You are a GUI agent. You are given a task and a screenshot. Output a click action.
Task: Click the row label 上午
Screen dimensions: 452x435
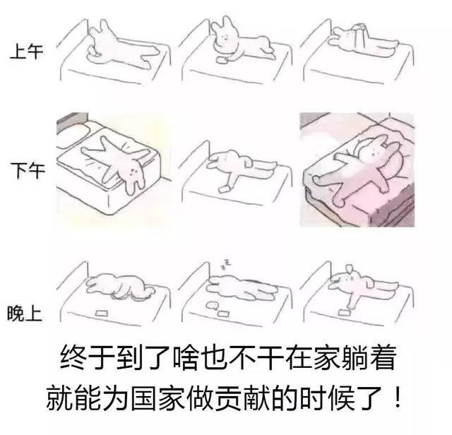(27, 52)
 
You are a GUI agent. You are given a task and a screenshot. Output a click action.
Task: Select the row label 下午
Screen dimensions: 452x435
(28, 170)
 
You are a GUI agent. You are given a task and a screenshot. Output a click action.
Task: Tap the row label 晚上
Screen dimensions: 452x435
(25, 313)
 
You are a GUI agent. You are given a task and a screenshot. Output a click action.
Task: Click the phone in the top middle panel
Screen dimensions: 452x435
(222, 60)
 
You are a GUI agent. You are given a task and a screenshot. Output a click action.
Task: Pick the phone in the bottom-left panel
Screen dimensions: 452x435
(101, 313)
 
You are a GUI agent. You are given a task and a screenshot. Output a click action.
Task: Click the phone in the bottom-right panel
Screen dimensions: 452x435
(344, 312)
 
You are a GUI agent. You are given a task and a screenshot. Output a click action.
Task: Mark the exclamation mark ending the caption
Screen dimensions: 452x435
(398, 398)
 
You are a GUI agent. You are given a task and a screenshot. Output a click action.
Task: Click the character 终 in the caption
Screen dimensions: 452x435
(73, 358)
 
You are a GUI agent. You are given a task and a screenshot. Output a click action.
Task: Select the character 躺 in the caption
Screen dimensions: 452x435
(354, 358)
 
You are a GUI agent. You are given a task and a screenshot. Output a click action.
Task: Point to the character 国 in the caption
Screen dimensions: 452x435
(144, 398)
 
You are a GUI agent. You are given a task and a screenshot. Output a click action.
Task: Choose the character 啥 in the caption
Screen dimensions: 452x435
(186, 358)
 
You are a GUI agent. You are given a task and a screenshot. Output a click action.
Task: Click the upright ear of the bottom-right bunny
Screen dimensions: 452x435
(350, 269)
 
